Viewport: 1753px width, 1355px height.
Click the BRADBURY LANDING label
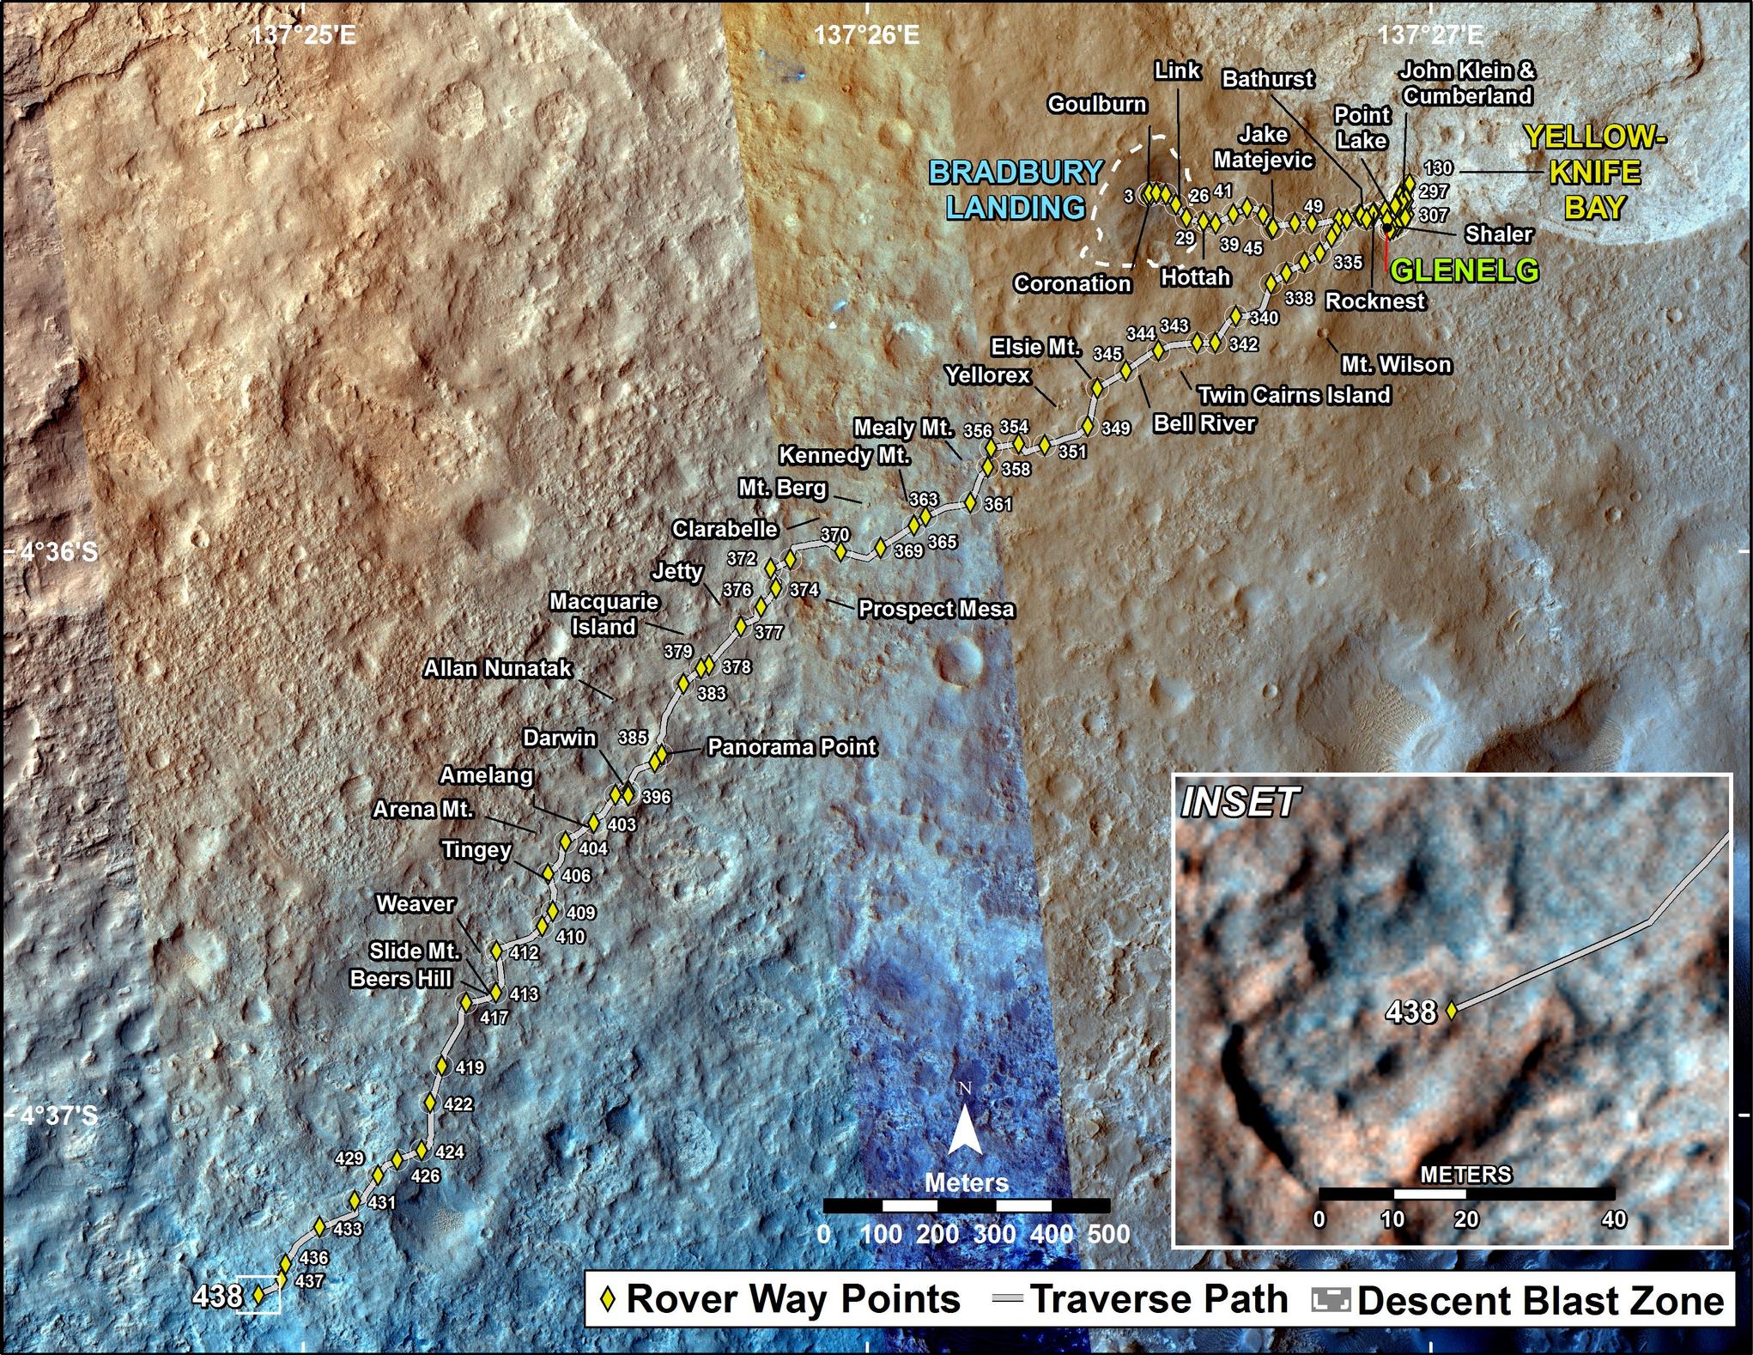(1016, 190)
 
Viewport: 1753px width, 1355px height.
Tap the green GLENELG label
(1464, 271)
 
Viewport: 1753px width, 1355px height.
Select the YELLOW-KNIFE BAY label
(1594, 173)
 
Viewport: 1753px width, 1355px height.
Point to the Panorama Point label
(792, 747)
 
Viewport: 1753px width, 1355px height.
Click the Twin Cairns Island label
(1294, 395)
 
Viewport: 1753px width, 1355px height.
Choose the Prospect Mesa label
(937, 610)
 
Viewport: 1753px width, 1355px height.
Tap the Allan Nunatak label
(497, 668)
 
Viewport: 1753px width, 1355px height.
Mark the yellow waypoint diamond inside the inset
(1452, 1011)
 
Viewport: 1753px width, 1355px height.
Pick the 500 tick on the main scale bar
(1109, 1234)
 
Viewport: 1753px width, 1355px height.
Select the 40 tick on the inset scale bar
(1614, 1218)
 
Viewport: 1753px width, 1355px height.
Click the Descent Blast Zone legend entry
(1540, 1301)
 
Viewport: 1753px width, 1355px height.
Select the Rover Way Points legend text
(793, 1300)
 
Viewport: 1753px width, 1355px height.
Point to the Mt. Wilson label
(1396, 364)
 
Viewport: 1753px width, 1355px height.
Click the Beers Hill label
(400, 979)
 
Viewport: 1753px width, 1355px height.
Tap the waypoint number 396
(656, 798)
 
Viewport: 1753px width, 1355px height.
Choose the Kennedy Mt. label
(844, 455)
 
